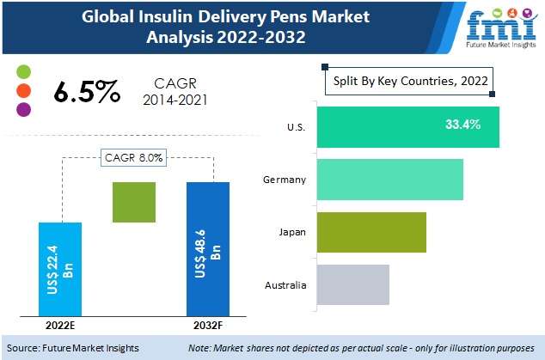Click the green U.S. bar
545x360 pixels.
(x=407, y=126)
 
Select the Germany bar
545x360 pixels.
(x=389, y=179)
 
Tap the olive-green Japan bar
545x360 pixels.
(x=370, y=232)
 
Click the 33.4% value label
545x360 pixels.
(x=462, y=125)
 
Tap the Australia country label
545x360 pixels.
(x=285, y=284)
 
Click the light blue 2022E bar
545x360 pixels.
(x=60, y=269)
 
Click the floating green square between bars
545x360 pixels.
(x=134, y=203)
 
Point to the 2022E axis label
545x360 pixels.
(x=60, y=326)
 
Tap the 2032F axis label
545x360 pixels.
(x=209, y=326)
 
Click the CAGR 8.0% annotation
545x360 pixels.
(x=136, y=157)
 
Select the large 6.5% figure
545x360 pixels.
(x=85, y=92)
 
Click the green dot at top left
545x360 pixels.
(x=23, y=70)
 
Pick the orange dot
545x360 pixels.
(x=23, y=90)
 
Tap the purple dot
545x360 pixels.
(x=23, y=109)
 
